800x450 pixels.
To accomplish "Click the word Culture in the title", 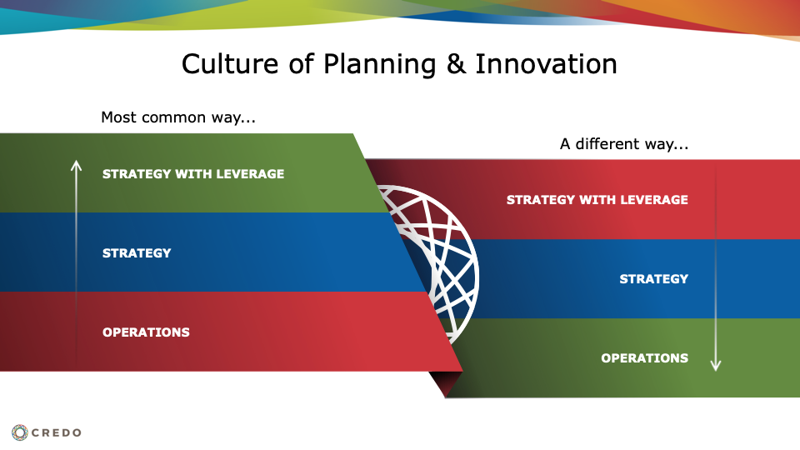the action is (x=231, y=64).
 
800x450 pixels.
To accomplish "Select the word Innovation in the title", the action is (x=546, y=64).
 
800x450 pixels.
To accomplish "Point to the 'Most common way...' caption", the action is (x=178, y=117).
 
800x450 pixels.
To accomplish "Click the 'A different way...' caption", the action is (x=624, y=144).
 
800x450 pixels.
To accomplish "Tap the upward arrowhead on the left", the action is (x=76, y=165).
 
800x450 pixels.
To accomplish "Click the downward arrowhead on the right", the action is (x=716, y=365).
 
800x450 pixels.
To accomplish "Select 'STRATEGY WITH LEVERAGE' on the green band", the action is (x=193, y=174).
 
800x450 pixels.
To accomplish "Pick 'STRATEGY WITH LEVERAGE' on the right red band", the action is (x=597, y=200).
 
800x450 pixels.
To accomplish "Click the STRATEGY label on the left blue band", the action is (x=137, y=253).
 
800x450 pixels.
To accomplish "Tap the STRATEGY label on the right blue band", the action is (x=654, y=279).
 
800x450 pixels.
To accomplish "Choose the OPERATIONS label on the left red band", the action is (x=146, y=332).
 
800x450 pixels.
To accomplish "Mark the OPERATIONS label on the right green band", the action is (x=645, y=358).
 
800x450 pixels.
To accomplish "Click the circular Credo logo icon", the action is (x=20, y=432).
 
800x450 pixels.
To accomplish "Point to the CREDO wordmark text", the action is (x=56, y=432).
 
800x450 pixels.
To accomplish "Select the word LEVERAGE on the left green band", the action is (x=250, y=174).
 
